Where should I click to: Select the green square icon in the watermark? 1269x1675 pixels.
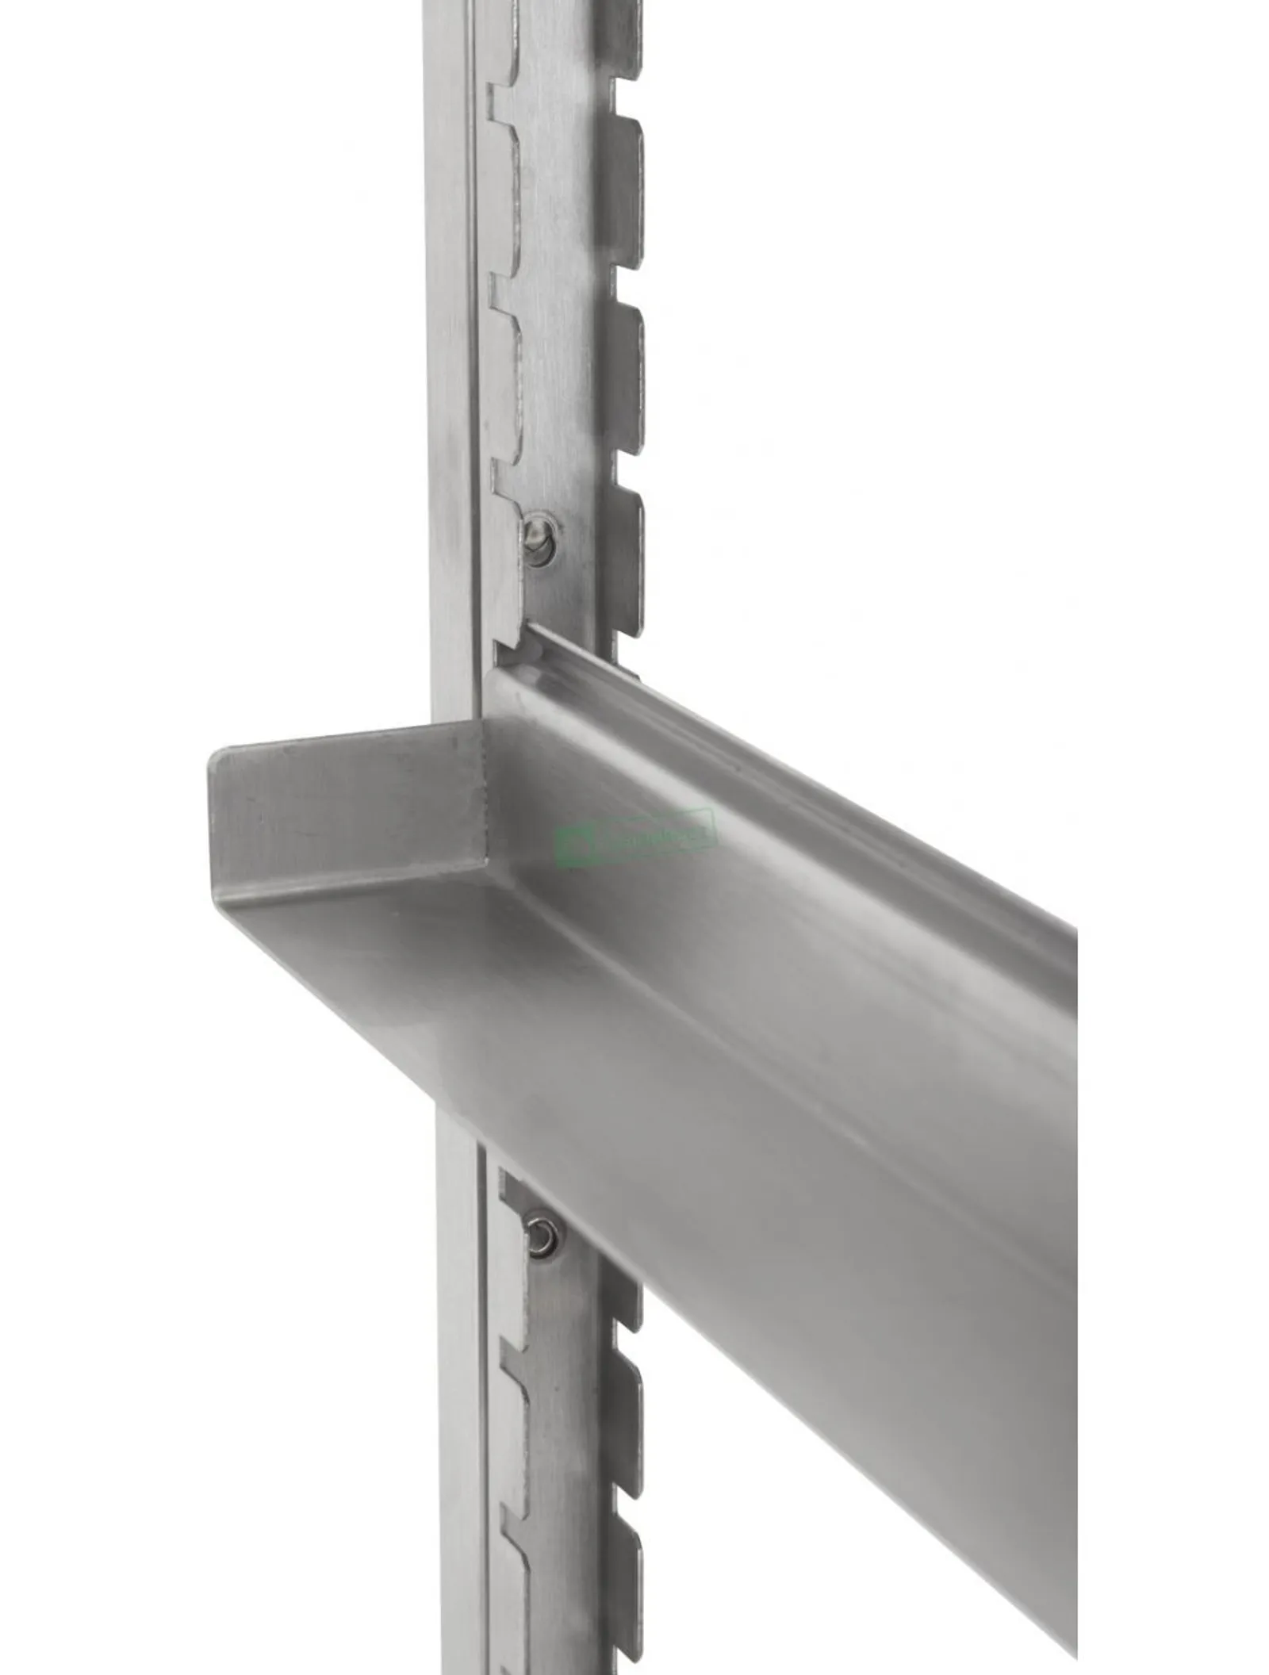(x=568, y=848)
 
